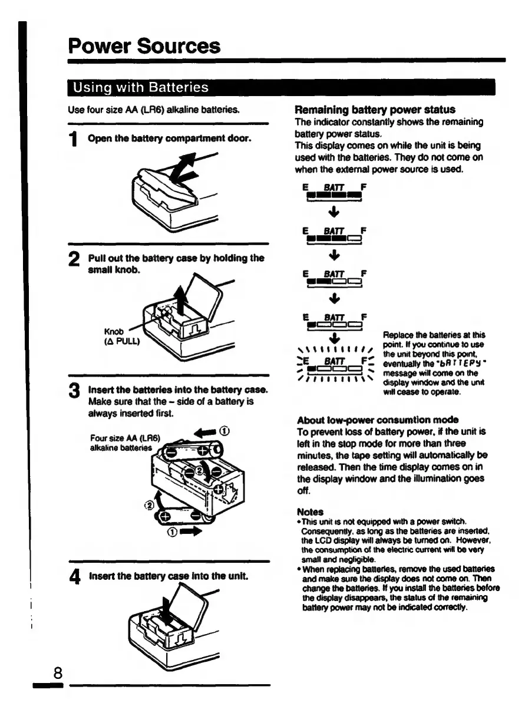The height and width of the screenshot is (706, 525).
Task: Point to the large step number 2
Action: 74,260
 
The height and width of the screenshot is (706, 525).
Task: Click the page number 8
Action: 58,673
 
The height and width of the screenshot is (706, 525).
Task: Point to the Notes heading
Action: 310,512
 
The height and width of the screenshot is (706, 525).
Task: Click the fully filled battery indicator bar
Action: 334,194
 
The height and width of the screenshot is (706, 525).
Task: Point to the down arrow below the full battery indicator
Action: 334,211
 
